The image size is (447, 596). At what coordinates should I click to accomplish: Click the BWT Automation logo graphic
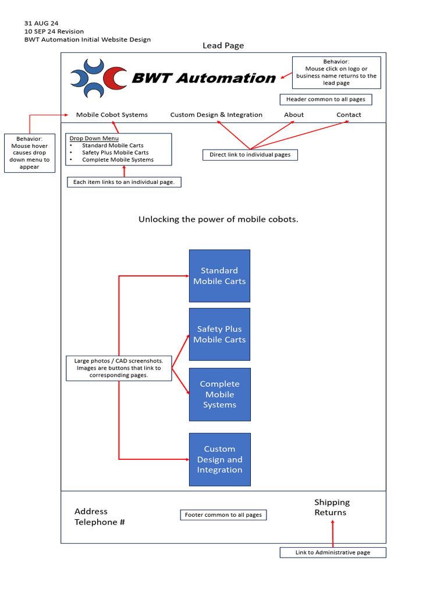tap(98, 78)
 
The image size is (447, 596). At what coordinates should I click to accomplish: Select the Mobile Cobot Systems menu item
tap(112, 115)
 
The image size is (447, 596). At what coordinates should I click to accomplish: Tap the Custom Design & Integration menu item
tap(216, 115)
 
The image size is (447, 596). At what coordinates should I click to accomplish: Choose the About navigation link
tap(294, 115)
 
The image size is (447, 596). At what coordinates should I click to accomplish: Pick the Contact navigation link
tap(349, 115)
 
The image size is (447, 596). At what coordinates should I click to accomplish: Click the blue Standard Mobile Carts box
tap(219, 275)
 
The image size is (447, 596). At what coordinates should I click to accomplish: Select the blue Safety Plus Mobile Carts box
tap(219, 334)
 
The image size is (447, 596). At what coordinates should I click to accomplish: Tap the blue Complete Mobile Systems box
tap(219, 394)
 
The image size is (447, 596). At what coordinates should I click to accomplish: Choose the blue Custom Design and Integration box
tap(219, 459)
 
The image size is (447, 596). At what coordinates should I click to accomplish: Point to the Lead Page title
tap(223, 45)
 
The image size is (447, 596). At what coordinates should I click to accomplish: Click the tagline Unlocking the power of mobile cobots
tap(218, 219)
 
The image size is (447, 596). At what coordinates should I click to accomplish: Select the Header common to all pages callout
tap(325, 100)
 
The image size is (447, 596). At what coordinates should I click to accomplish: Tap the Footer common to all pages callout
tap(223, 515)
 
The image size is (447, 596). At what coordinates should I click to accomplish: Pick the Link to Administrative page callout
tap(332, 552)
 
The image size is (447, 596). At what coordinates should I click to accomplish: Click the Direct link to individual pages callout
tap(250, 155)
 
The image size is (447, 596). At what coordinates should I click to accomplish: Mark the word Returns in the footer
tap(330, 513)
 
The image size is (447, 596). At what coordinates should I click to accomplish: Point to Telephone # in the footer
tap(100, 522)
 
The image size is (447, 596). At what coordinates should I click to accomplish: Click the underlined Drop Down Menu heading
tap(94, 139)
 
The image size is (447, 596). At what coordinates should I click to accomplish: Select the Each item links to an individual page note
tap(124, 182)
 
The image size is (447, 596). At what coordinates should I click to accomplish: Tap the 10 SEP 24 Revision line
tap(54, 31)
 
